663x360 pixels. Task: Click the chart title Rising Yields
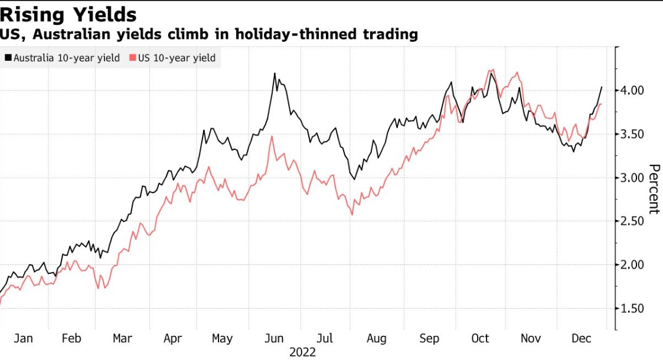click(68, 14)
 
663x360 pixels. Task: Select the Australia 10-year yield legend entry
click(67, 58)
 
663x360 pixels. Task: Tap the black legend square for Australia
click(8, 58)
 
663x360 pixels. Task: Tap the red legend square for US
click(133, 58)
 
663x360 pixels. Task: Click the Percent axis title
click(654, 189)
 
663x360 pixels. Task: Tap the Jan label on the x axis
click(23, 339)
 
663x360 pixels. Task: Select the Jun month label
click(274, 339)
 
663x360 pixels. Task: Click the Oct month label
click(480, 339)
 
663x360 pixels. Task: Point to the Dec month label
click(582, 339)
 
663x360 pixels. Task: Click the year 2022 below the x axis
click(302, 352)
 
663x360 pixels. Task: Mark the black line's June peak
click(275, 73)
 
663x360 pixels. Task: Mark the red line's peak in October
click(491, 70)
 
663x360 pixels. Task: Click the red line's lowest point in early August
click(352, 214)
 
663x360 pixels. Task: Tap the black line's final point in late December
click(602, 87)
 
